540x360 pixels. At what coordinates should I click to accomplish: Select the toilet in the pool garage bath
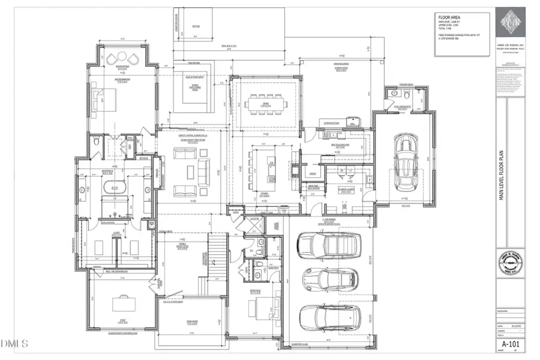(x=406, y=95)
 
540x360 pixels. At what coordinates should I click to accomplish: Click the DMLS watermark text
(x=15, y=344)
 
